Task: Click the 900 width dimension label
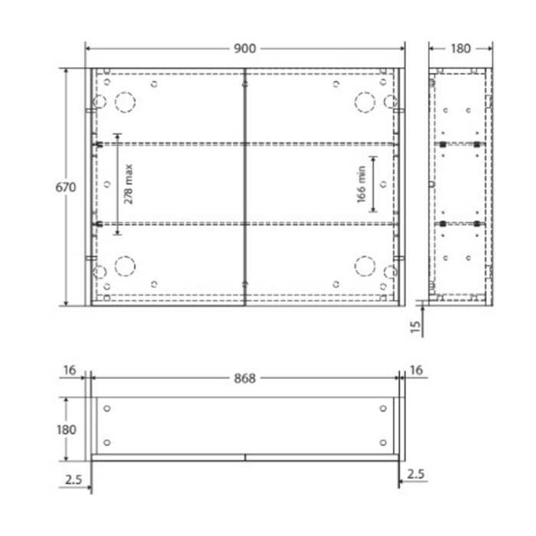[244, 49]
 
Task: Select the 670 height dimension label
[65, 188]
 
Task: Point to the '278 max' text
[129, 183]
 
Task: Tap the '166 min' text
[361, 184]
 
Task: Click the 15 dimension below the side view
[415, 327]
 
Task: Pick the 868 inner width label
[244, 377]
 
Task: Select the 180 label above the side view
[459, 49]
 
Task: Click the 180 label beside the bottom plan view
[67, 430]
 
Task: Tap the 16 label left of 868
[70, 371]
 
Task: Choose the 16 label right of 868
[417, 371]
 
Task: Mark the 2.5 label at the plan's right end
[416, 475]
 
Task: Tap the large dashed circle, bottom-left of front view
[124, 266]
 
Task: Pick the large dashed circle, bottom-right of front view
[365, 266]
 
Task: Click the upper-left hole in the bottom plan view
[107, 408]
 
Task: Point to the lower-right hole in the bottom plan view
[382, 443]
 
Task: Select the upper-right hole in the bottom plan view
[382, 408]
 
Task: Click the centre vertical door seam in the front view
[244, 188]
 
